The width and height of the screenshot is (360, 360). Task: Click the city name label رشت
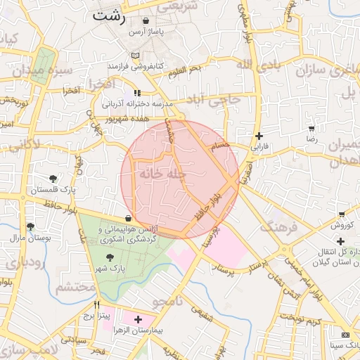[108, 15]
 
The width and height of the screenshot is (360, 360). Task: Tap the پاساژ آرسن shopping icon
[146, 22]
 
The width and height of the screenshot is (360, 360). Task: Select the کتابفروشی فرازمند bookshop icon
[136, 56]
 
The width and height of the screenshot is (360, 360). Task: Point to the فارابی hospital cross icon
[259, 136]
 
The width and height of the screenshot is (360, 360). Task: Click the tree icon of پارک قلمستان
[53, 179]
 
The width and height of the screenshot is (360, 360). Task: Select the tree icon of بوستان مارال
[30, 226]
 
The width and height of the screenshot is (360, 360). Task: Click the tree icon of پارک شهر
[108, 257]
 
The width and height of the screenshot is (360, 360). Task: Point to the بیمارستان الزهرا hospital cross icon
[138, 319]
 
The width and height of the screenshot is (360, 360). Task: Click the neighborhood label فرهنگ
[276, 228]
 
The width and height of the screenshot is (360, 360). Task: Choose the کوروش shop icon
[341, 214]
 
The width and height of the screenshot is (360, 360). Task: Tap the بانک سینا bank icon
[345, 335]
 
